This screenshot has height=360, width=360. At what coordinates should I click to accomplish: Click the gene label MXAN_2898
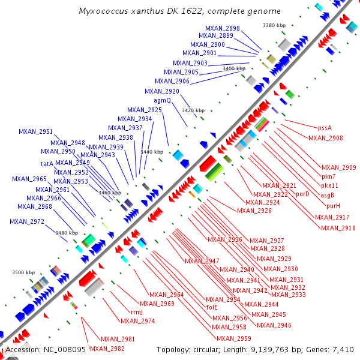223,28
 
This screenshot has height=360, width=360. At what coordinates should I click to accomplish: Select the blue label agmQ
163,100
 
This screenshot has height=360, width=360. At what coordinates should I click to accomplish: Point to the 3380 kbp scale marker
274,25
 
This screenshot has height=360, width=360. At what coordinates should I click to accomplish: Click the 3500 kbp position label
23,272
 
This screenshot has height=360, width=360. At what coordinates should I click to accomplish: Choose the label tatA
47,164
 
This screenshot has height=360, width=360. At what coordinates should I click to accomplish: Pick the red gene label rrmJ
137,312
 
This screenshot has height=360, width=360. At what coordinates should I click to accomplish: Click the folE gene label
212,307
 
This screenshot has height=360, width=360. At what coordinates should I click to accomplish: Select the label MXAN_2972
27,221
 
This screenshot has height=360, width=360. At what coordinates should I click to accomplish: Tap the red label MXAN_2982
107,349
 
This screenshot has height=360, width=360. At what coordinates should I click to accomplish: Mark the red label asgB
328,195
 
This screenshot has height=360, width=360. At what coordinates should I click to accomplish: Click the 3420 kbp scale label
193,110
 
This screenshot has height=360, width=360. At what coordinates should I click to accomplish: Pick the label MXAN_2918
338,228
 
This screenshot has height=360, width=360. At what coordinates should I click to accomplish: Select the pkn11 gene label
331,185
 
